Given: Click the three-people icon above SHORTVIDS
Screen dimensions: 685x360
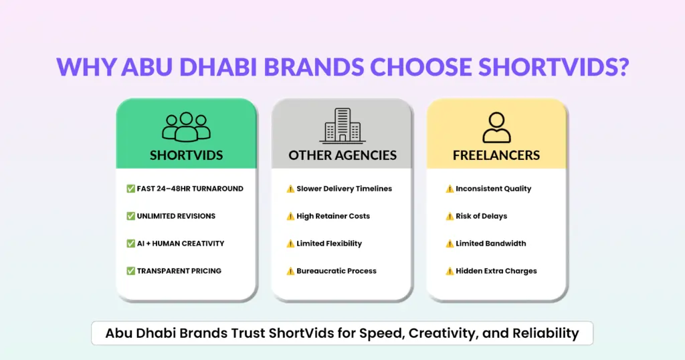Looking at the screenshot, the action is click(186, 126).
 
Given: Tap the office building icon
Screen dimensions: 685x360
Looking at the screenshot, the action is click(342, 126).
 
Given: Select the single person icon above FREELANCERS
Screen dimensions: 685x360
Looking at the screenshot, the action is click(496, 127).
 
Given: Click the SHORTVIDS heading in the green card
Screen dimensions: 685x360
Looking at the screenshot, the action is click(187, 155).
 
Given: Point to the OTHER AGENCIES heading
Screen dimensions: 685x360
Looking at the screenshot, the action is click(342, 155).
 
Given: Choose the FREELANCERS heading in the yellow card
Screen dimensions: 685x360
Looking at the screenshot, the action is click(496, 155).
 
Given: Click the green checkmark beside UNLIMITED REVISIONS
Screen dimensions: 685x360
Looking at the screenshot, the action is click(130, 216).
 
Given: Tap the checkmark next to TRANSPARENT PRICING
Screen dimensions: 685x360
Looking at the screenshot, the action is click(130, 271).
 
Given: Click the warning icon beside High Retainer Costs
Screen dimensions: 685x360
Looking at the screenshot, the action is click(290, 216).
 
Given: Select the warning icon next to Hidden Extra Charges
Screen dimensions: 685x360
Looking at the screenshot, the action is click(450, 271).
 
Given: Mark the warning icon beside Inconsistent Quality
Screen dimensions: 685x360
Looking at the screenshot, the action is click(450, 189).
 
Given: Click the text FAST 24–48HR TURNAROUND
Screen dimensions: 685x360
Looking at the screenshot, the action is click(190, 189).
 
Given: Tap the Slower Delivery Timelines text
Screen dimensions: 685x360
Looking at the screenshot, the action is click(345, 189).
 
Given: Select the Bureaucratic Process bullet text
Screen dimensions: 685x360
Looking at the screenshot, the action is click(336, 271).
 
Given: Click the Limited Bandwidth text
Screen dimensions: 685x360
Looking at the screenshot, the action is click(490, 244).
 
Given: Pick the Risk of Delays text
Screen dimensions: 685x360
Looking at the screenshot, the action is click(482, 216).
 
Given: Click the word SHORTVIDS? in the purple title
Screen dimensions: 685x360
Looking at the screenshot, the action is click(553, 67).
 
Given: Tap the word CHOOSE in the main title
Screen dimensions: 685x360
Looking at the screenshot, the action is click(421, 67).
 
